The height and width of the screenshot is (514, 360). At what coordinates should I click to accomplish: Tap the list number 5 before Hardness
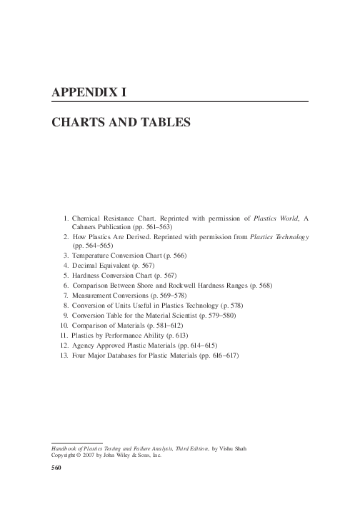point(65,275)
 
